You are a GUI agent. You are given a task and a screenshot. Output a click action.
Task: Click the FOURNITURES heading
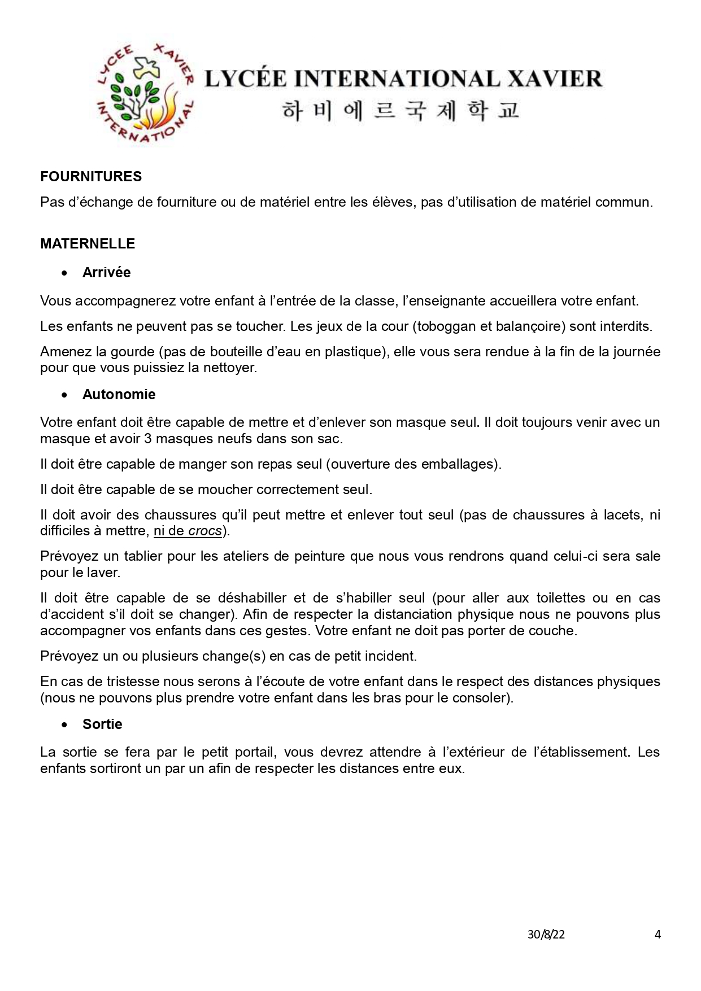91,177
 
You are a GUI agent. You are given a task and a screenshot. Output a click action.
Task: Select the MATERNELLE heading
88,244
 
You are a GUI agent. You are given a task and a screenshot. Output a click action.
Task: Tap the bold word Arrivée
106,273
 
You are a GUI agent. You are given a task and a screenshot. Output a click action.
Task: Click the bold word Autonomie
119,394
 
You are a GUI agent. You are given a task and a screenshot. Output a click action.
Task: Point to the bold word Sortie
102,724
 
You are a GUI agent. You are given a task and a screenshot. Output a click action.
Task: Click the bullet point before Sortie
66,725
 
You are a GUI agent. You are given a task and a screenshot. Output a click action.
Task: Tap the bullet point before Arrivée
66,273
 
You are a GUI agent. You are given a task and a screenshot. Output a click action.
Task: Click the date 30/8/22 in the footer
546,935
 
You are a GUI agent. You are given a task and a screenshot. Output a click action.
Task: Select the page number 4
658,935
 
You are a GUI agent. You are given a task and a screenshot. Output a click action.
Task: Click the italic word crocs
204,531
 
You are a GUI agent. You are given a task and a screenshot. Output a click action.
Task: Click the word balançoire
532,326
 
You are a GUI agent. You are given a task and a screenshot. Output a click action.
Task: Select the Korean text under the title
400,111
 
